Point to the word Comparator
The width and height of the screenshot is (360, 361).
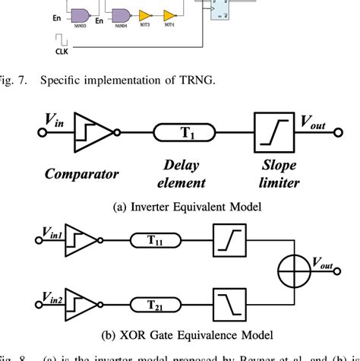click(x=81, y=173)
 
